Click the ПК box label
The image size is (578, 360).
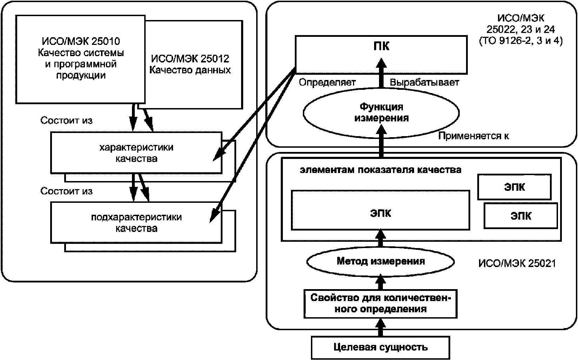(381, 46)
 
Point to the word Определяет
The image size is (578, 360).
(327, 82)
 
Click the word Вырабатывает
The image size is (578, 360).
(425, 82)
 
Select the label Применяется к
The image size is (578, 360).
(473, 136)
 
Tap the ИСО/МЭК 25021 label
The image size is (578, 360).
(517, 263)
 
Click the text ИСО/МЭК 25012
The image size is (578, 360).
(190, 59)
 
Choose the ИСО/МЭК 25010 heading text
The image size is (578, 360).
(81, 41)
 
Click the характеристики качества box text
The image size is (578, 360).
(136, 153)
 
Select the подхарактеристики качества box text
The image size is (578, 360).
(136, 223)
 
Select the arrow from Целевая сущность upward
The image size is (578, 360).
(380, 327)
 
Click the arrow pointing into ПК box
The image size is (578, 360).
(381, 73)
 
